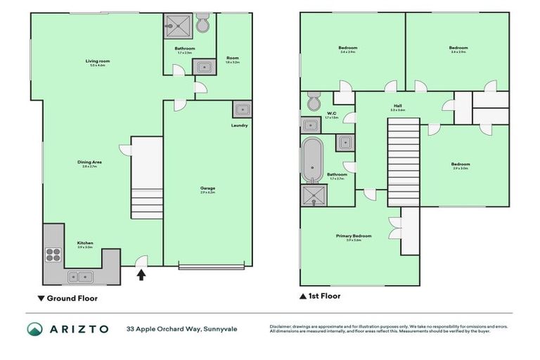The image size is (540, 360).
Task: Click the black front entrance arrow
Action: [141, 274]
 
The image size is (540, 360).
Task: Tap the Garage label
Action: [207, 189]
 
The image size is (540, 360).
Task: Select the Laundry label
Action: [239, 126]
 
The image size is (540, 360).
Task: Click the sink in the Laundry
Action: [242, 109]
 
